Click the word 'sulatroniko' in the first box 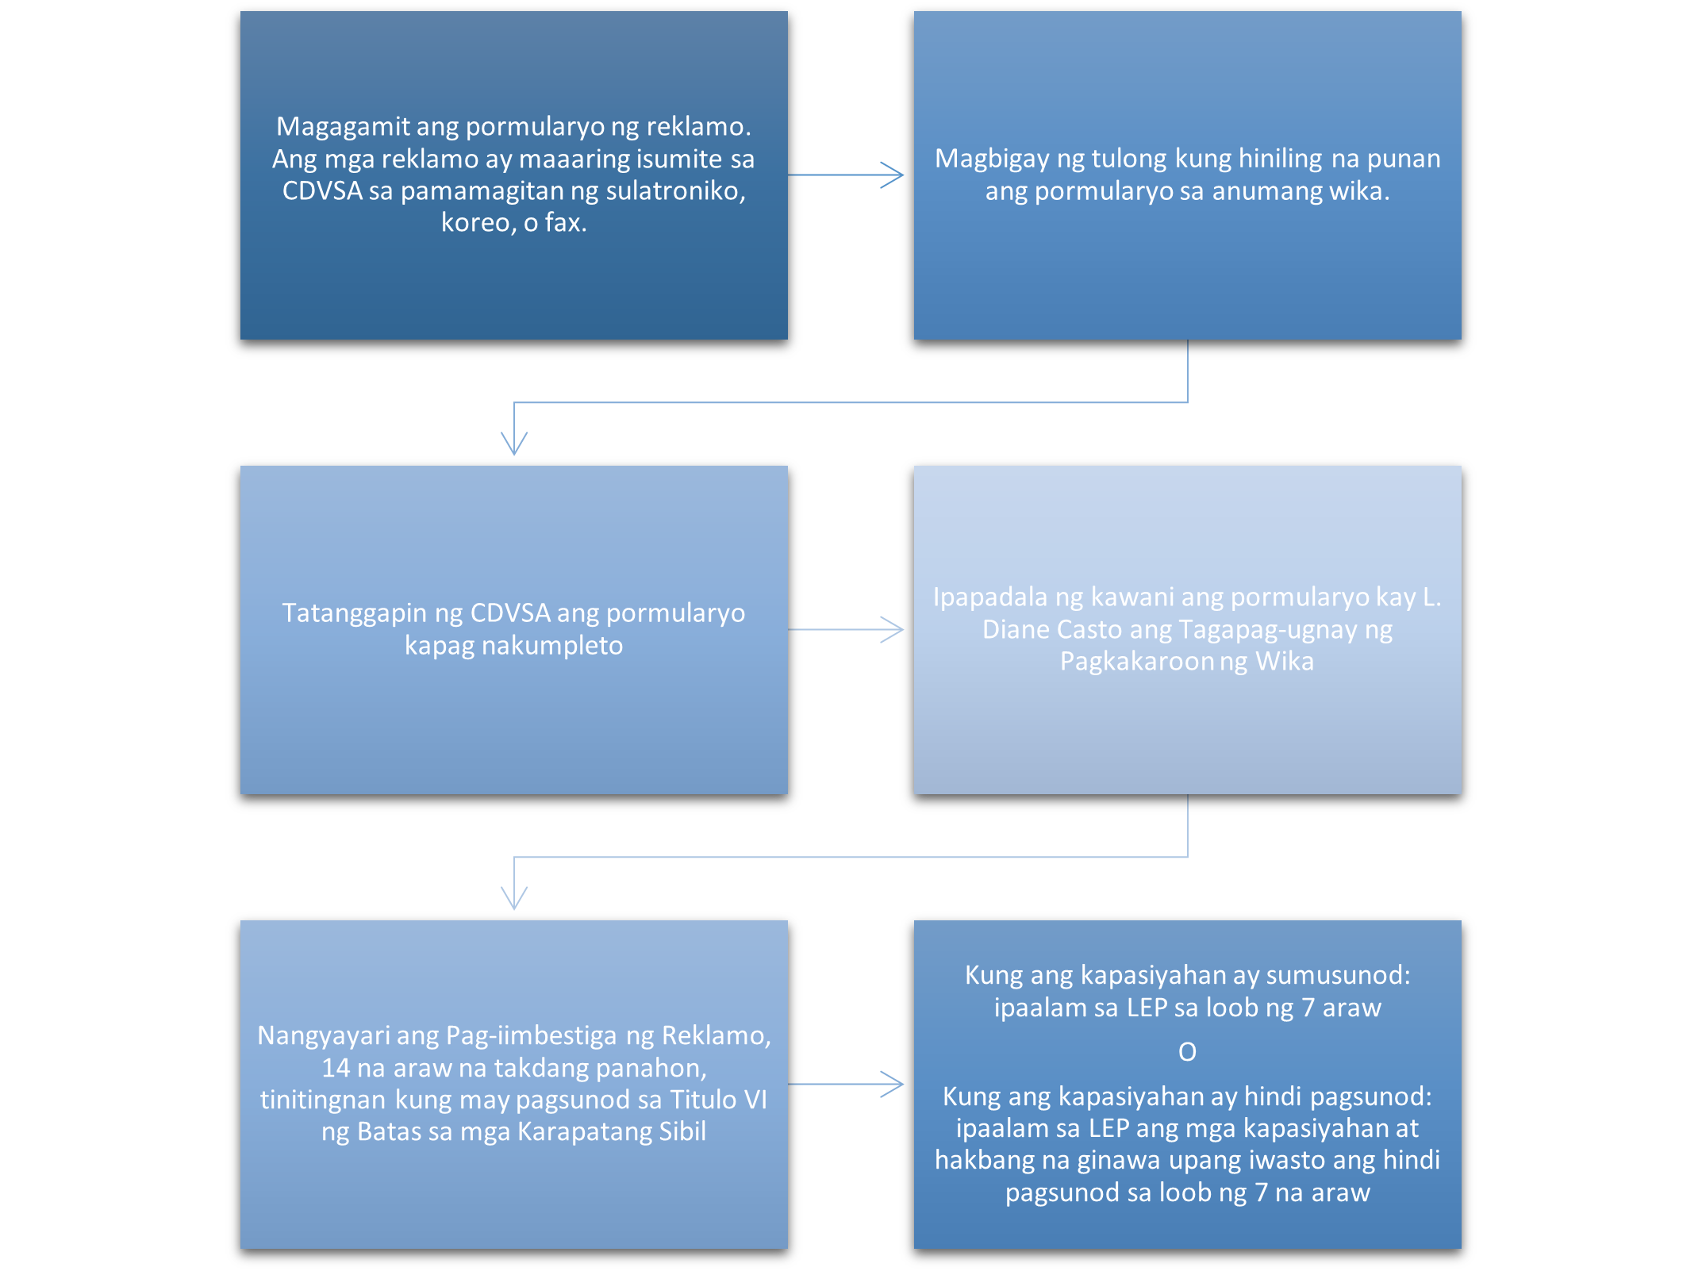(x=675, y=191)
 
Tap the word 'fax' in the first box (x=564, y=223)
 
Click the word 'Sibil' (x=682, y=1132)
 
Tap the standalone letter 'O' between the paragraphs (x=1187, y=1052)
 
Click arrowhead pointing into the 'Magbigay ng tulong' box (x=895, y=175)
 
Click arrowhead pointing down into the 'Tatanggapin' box (x=514, y=446)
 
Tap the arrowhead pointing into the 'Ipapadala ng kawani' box (x=895, y=630)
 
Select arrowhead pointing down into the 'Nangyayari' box (x=514, y=900)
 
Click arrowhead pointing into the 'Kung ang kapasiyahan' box (x=895, y=1085)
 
